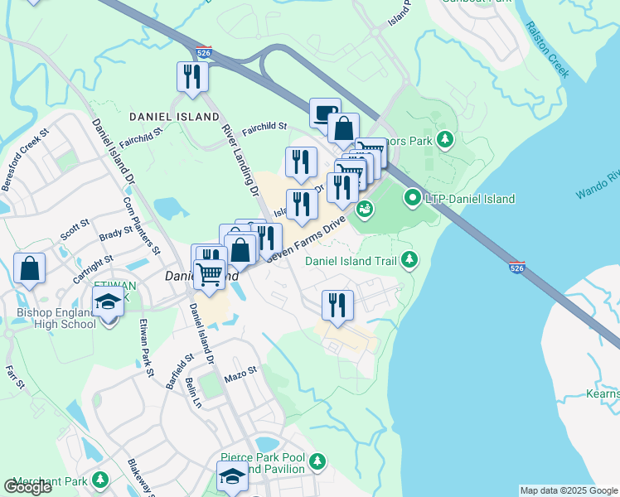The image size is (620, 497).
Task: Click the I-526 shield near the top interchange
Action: (203, 53)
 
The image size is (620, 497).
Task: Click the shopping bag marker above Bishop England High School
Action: (30, 268)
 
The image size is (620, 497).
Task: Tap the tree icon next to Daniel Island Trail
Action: (409, 260)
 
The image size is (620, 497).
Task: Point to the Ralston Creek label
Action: (547, 49)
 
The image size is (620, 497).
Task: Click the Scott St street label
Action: (75, 226)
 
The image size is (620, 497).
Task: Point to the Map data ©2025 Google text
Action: (568, 490)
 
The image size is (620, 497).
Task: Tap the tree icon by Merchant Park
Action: (100, 480)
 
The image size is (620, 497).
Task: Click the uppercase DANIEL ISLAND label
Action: (174, 118)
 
